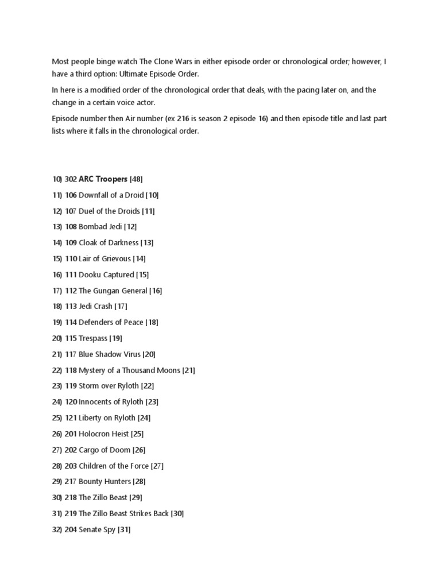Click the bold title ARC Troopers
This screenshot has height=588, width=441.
click(x=103, y=179)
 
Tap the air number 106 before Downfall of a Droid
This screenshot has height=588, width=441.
click(x=71, y=195)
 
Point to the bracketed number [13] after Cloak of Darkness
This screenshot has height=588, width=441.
click(x=148, y=243)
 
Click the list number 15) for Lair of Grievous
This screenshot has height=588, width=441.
click(x=57, y=259)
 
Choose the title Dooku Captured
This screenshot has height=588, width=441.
click(x=106, y=275)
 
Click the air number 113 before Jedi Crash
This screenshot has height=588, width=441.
click(x=71, y=307)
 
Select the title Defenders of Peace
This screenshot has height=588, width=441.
click(x=111, y=323)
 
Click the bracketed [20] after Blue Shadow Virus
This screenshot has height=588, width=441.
click(x=149, y=355)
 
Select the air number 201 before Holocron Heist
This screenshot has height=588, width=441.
click(x=71, y=434)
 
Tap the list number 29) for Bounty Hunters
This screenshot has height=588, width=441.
click(x=57, y=482)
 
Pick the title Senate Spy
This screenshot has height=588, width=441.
click(x=97, y=530)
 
